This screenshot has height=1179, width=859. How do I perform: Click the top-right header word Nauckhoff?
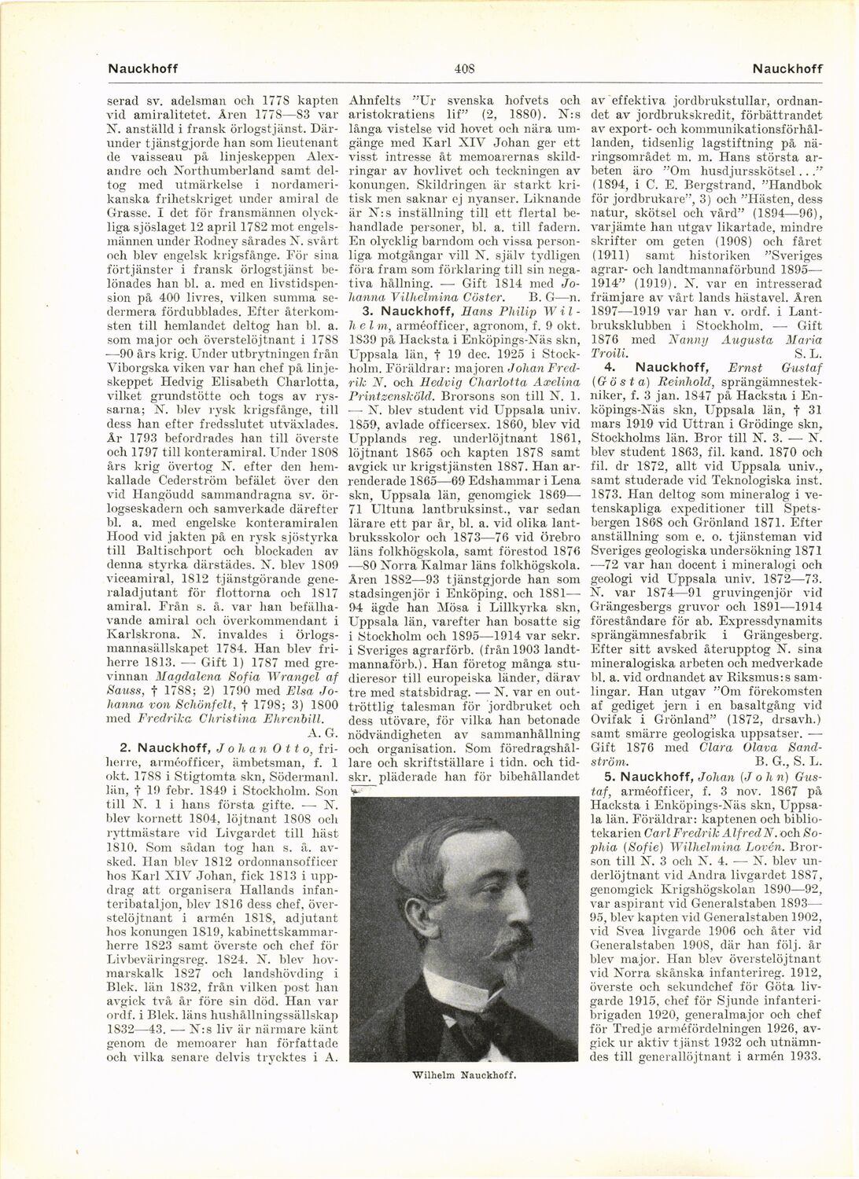pyautogui.click(x=787, y=68)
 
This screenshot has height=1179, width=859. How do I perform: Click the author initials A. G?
pyautogui.click(x=325, y=732)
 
